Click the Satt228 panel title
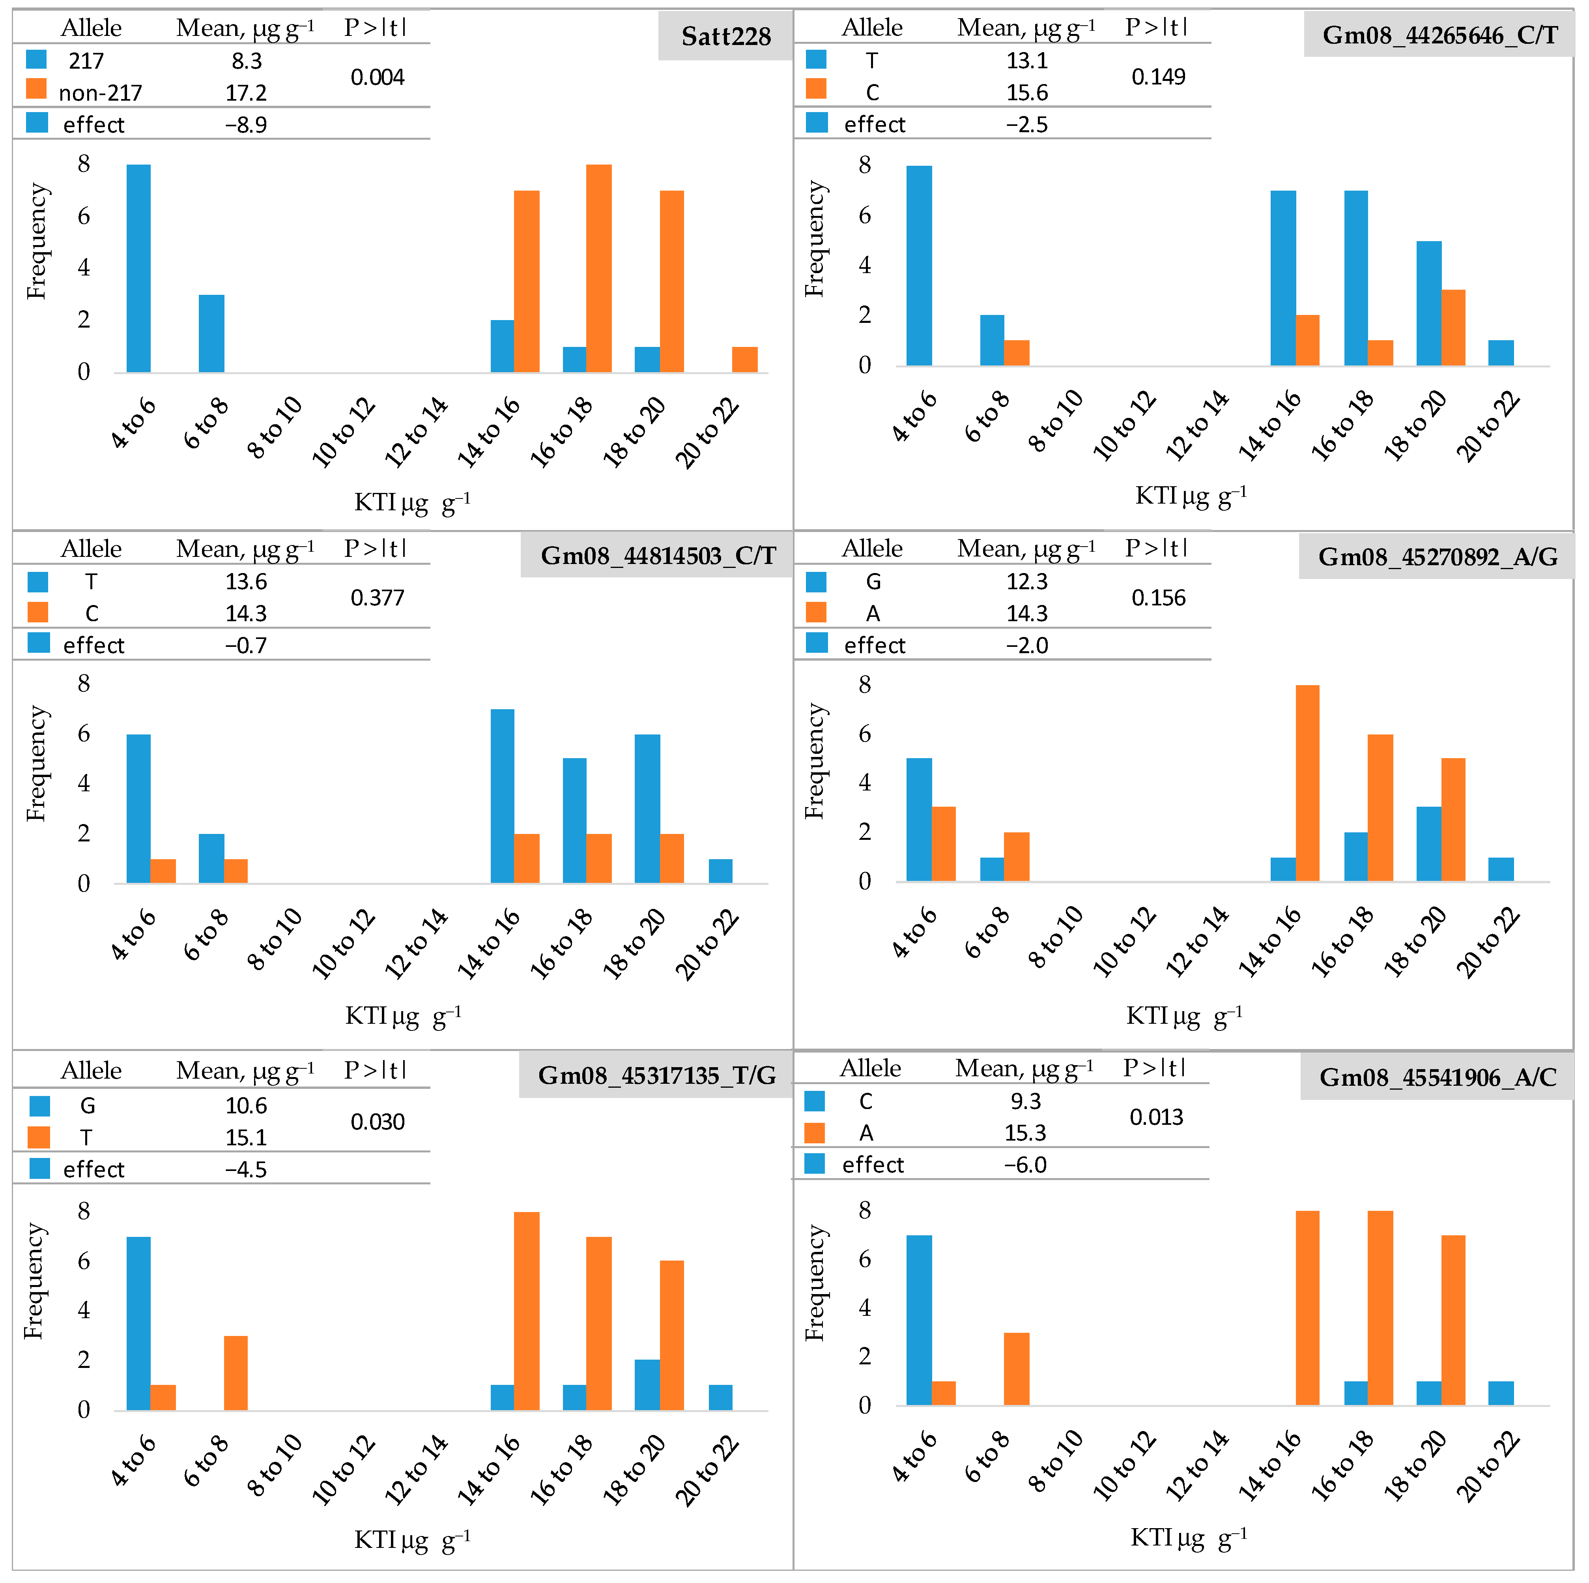pyautogui.click(x=725, y=36)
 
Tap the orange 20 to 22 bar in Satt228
pyautogui.click(x=744, y=360)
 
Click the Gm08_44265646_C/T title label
pyautogui.click(x=1439, y=36)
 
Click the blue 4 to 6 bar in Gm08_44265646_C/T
pyautogui.click(x=919, y=266)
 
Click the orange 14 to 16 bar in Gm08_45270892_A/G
pyautogui.click(x=1307, y=783)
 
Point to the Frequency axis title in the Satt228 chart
pyautogui.click(x=37, y=241)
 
